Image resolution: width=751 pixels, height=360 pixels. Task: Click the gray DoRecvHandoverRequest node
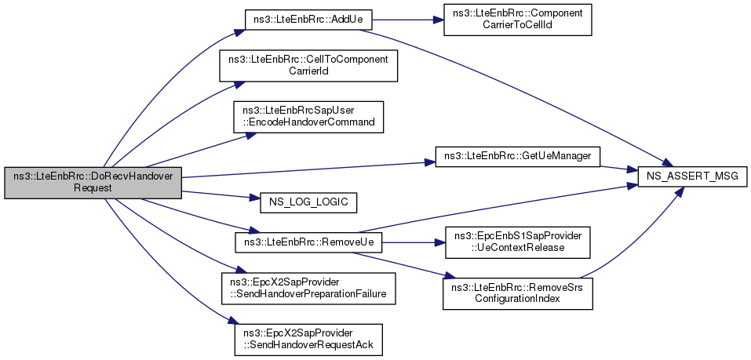[93, 183]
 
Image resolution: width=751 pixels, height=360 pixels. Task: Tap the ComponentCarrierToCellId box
[518, 20]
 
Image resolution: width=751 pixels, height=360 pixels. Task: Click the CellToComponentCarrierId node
[308, 66]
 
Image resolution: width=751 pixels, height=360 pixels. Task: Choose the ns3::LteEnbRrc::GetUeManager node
[517, 157]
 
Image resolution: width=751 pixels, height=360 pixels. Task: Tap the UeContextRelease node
[518, 242]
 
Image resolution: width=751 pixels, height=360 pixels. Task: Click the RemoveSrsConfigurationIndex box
[518, 293]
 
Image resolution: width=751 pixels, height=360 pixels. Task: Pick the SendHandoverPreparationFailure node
[308, 288]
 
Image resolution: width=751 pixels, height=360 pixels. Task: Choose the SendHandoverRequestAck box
[308, 340]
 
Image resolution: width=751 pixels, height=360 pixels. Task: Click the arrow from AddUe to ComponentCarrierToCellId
[408, 20]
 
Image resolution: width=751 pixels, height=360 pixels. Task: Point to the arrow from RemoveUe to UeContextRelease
[414, 242]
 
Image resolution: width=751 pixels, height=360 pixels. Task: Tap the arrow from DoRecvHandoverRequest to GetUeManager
[308, 170]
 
